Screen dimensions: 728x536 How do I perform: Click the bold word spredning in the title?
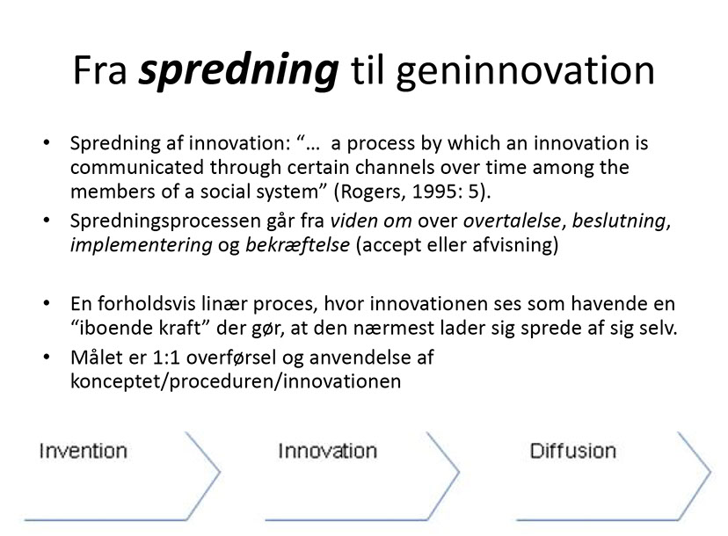point(238,71)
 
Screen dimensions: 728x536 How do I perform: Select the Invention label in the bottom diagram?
point(84,451)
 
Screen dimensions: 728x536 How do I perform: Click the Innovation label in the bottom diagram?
point(327,451)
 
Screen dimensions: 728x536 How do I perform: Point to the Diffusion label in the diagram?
point(573,451)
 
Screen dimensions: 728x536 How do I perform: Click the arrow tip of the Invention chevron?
point(220,473)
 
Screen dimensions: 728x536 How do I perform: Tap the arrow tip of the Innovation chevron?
point(459,473)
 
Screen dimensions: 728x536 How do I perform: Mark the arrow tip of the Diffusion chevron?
point(710,473)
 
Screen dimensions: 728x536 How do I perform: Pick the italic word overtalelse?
point(513,221)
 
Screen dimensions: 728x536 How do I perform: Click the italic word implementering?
point(142,245)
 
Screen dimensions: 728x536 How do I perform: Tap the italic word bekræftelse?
point(297,244)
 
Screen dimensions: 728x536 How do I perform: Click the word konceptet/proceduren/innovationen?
point(236,381)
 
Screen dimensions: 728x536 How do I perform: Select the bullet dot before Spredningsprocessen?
point(47,221)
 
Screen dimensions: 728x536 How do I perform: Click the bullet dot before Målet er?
point(47,358)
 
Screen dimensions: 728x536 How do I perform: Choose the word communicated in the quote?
point(137,167)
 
